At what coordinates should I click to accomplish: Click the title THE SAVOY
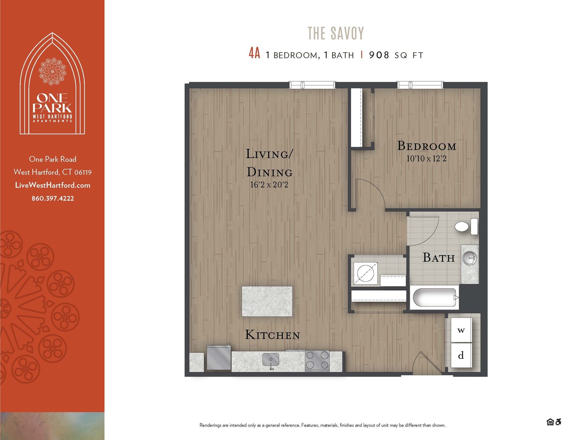pyautogui.click(x=336, y=33)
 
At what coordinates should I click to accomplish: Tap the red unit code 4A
pyautogui.click(x=254, y=54)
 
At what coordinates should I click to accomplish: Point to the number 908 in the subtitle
pyautogui.click(x=379, y=55)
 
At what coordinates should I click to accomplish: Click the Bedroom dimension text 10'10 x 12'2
pyautogui.click(x=426, y=159)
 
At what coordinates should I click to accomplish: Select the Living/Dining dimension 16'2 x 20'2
pyautogui.click(x=269, y=185)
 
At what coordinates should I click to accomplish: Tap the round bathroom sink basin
pyautogui.click(x=469, y=258)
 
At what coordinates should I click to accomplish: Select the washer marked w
pyautogui.click(x=461, y=330)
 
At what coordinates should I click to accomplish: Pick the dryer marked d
pyautogui.click(x=461, y=355)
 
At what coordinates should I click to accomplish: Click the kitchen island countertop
pyautogui.click(x=267, y=301)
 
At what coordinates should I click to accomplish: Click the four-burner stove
pyautogui.click(x=317, y=361)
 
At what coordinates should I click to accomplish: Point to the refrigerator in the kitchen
pyautogui.click(x=219, y=358)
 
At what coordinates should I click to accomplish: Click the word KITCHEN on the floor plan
pyautogui.click(x=272, y=335)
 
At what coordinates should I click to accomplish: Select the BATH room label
pyautogui.click(x=438, y=258)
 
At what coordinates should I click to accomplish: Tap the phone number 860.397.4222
pyautogui.click(x=53, y=198)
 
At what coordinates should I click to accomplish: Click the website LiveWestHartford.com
pyautogui.click(x=53, y=185)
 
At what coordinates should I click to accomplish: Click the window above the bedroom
pyautogui.click(x=420, y=85)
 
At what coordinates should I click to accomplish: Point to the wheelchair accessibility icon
pyautogui.click(x=558, y=422)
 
